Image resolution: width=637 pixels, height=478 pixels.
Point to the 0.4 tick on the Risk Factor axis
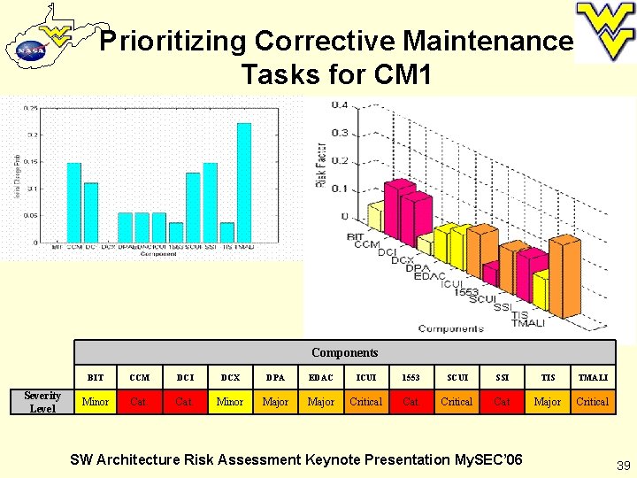tap(339, 104)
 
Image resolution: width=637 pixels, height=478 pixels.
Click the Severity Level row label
tap(42, 402)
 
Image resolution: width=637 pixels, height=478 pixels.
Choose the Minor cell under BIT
tap(96, 402)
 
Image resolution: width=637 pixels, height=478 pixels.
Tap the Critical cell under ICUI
tap(365, 402)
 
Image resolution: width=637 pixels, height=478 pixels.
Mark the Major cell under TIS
tap(547, 402)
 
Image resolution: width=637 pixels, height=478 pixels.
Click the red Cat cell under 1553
tap(411, 402)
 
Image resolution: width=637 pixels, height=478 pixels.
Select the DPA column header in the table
tap(275, 378)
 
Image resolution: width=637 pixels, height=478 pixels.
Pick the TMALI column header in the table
tap(592, 378)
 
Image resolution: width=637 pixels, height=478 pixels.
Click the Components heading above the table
tap(344, 352)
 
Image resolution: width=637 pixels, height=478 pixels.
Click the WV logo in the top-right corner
tap(604, 30)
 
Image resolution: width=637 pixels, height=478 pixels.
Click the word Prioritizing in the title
tap(172, 41)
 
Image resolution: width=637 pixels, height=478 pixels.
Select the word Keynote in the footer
tap(334, 459)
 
